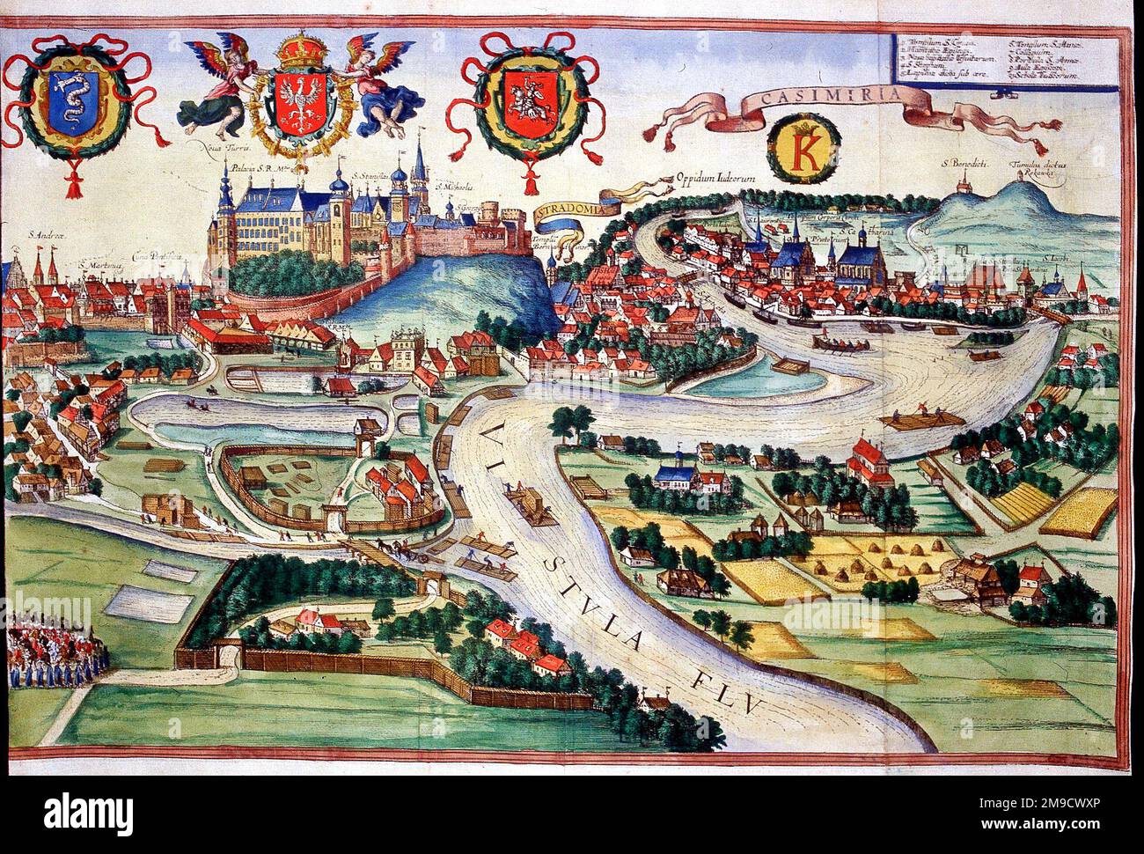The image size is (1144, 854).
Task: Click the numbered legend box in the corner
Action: point(996,57)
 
